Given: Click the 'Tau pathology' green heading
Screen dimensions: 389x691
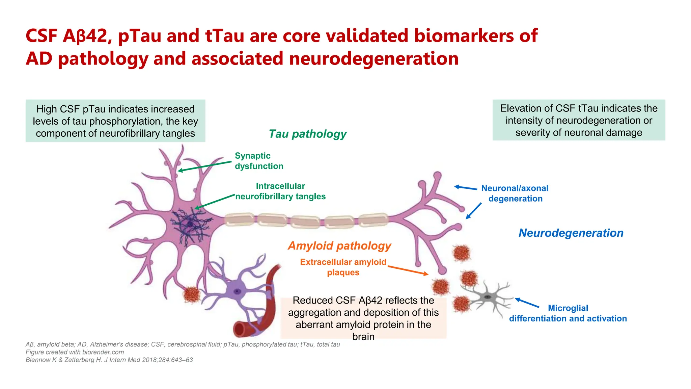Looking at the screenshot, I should tap(307, 134).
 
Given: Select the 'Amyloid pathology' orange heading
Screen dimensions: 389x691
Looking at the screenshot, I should tap(339, 245).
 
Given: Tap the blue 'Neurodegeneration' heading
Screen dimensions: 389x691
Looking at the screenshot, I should tap(571, 233).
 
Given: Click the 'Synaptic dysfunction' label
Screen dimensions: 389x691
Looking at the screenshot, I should tap(259, 161).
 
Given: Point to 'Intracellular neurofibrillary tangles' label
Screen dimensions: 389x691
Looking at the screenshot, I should tap(280, 191).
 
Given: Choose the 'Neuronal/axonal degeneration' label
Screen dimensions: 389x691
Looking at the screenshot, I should tap(515, 193).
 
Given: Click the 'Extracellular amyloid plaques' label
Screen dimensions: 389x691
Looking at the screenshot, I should tap(343, 267).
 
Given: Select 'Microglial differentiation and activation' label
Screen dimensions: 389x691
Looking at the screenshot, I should tap(568, 313).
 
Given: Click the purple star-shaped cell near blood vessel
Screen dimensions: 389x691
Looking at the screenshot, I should tap(238, 291).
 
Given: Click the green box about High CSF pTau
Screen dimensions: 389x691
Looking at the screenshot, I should tap(115, 121).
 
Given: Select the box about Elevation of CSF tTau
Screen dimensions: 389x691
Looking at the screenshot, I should tap(579, 120).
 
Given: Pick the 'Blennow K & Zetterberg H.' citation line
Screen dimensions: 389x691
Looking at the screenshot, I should tap(109, 360).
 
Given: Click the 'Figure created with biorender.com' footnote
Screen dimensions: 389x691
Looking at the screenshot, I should tap(75, 352).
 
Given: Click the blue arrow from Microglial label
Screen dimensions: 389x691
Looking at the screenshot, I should tap(527, 303).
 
